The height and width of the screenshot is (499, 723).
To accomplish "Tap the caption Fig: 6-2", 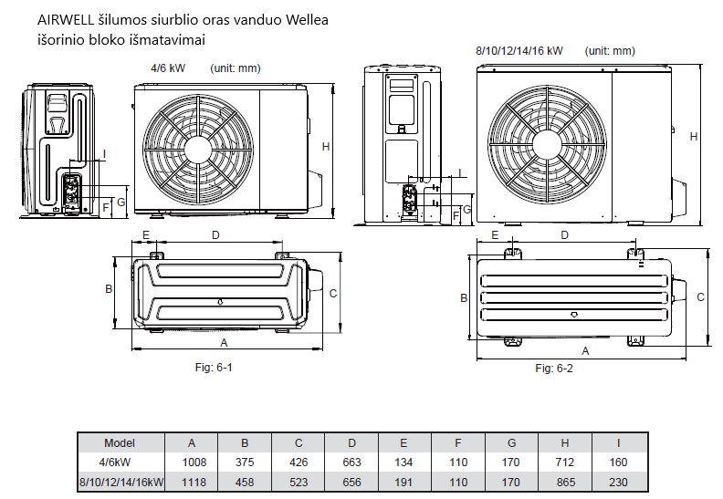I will [x=553, y=368].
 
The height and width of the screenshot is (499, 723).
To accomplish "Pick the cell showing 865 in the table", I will [x=565, y=482].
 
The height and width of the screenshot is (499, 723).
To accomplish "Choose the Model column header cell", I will [x=120, y=442].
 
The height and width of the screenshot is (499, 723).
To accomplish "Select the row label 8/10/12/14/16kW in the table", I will [x=120, y=482].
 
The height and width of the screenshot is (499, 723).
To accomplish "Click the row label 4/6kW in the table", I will [x=120, y=463].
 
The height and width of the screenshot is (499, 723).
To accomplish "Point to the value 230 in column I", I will [x=619, y=482].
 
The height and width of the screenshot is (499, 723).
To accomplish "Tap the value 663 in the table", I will [x=351, y=463].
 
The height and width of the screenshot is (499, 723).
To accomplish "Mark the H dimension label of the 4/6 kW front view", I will [x=325, y=146].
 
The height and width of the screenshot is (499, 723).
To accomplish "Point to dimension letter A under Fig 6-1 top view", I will [x=224, y=342].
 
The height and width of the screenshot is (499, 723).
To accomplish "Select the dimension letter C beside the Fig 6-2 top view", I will [x=701, y=296].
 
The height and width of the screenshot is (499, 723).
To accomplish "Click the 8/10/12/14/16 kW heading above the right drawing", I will [x=519, y=51].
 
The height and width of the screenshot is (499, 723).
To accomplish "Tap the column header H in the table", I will [x=565, y=442].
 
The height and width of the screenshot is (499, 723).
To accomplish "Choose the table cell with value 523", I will [x=299, y=482].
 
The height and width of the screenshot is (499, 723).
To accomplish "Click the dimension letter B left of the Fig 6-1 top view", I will [x=108, y=289].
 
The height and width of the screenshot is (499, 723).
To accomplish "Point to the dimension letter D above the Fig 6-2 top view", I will [x=565, y=234].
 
